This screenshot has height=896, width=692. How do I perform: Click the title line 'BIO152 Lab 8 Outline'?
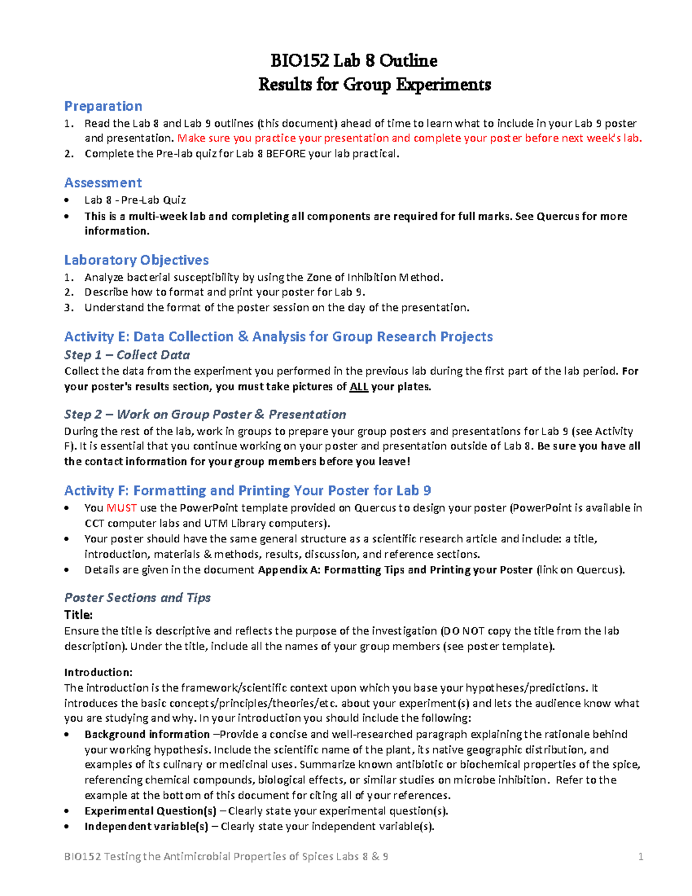353,61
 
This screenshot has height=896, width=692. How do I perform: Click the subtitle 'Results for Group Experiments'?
375,84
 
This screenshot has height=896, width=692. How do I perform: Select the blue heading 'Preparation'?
103,106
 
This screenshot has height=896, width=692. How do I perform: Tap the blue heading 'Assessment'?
103,183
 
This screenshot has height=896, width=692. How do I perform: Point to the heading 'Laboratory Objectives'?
137,260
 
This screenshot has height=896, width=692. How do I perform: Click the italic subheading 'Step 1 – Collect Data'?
127,355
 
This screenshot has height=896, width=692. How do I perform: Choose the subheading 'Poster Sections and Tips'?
137,598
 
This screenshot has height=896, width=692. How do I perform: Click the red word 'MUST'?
121,508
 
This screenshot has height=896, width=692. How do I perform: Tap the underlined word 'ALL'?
359,387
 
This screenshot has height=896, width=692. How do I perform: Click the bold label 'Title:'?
78,614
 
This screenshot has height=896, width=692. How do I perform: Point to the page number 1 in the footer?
640,857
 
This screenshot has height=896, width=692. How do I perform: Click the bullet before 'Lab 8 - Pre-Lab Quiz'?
69,200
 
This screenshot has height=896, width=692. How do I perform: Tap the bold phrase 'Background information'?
147,734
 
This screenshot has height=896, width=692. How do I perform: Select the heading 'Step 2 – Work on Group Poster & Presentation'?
205,414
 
